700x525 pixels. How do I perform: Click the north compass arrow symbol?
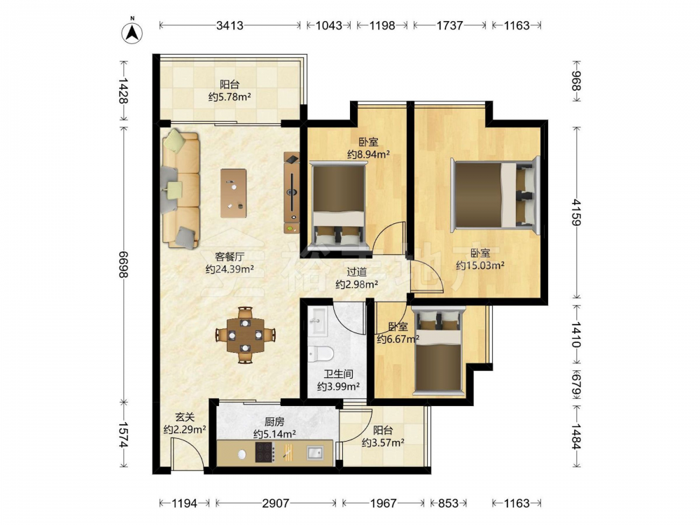click(x=132, y=31)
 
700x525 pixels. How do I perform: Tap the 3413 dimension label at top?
click(x=230, y=25)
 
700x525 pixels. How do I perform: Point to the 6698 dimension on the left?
click(x=123, y=264)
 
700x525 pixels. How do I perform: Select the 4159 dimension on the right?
click(x=577, y=213)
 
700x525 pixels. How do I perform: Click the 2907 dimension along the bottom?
click(x=276, y=503)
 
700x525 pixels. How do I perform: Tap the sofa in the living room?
click(x=181, y=188)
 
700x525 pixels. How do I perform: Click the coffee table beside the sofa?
click(x=234, y=193)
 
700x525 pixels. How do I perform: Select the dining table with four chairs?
click(x=245, y=335)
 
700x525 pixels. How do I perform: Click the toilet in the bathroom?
click(x=321, y=354)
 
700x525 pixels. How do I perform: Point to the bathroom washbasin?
click(x=318, y=321)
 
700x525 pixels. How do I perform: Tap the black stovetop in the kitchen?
click(x=264, y=452)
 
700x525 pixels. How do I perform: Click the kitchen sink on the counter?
click(x=314, y=453)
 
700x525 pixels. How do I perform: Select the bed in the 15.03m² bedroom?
click(x=496, y=195)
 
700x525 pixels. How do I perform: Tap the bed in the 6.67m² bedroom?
click(x=438, y=350)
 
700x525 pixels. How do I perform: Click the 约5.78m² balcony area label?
click(x=230, y=97)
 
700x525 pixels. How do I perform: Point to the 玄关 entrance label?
click(x=185, y=417)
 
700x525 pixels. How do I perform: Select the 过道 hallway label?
click(x=357, y=272)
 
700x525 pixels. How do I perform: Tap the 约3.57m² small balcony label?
click(x=383, y=442)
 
